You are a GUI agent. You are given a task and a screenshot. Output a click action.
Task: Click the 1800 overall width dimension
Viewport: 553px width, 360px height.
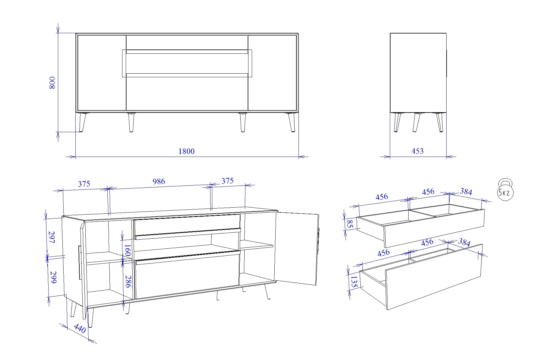click(x=187, y=151)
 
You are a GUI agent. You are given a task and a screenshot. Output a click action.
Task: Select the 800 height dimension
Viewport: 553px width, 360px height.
click(x=52, y=83)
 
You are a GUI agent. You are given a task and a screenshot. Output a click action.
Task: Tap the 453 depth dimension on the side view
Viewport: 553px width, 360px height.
click(x=418, y=151)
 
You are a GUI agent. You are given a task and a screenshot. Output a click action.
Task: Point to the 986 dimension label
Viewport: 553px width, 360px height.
click(x=159, y=181)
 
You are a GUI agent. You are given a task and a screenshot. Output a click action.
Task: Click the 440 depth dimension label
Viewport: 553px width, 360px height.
click(x=80, y=328)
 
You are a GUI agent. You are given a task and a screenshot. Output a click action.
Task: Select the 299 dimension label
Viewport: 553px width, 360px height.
click(x=53, y=277)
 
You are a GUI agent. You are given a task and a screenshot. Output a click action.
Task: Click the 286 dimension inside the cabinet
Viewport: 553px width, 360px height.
click(x=128, y=282)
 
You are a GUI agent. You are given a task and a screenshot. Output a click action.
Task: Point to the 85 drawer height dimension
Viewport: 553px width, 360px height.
click(x=350, y=224)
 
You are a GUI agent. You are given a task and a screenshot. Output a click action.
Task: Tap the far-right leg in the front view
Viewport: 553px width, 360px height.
click(x=291, y=122)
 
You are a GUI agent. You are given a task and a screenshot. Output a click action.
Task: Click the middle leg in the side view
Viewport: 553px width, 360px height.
click(x=417, y=122)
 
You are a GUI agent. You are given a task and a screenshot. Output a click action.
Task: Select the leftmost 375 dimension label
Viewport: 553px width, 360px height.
click(x=84, y=184)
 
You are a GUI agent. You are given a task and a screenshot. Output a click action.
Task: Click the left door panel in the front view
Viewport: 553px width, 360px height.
click(x=102, y=72)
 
